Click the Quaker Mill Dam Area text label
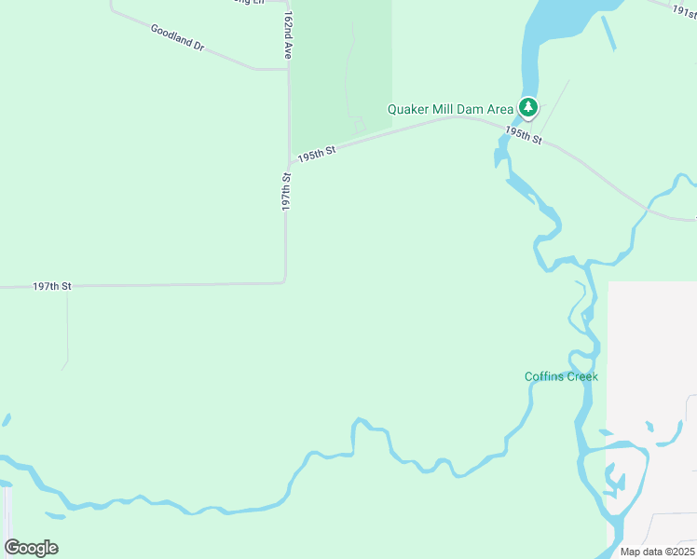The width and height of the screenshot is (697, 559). tap(451, 109)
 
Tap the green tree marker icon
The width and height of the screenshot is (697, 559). tap(528, 108)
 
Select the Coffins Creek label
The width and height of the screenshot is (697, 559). tap(561, 376)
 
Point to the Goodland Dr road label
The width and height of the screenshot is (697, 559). tap(177, 37)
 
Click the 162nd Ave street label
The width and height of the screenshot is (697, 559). tap(290, 36)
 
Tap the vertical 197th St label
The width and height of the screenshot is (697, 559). tap(287, 191)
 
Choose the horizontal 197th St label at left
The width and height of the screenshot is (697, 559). tap(51, 286)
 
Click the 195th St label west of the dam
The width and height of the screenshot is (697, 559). tap(317, 152)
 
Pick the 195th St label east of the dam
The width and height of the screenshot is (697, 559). tap(525, 135)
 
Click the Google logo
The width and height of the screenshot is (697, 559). tap(32, 548)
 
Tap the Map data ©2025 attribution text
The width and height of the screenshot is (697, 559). tap(657, 552)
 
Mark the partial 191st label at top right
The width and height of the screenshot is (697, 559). tap(684, 8)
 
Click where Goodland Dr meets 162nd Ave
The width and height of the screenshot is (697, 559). tap(288, 68)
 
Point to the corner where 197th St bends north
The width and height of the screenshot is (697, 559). tap(284, 280)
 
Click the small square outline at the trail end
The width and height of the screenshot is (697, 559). tap(359, 125)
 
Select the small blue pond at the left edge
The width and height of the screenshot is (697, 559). tap(6, 420)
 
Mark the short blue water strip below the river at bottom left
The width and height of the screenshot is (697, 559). tap(55, 515)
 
